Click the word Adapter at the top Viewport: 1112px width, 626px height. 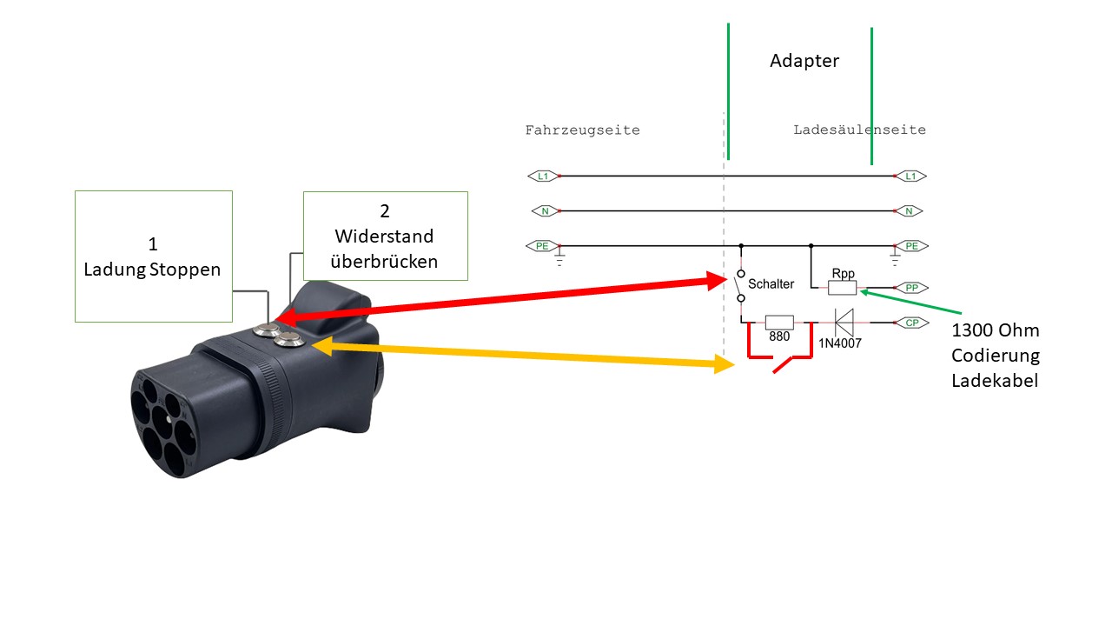point(804,61)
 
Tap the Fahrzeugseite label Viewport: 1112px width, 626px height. point(582,130)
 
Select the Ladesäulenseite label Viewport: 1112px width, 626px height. point(859,130)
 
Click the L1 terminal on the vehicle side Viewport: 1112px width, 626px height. point(543,176)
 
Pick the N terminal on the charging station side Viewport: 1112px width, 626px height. point(908,211)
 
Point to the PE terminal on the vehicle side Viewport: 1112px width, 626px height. point(542,246)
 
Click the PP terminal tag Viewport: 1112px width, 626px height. point(910,288)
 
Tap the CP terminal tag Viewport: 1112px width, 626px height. point(910,323)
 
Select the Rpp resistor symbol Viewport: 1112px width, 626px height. point(842,288)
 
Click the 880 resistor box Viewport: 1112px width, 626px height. point(779,323)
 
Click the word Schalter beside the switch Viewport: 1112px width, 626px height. point(771,284)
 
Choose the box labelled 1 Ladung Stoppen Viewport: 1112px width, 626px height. point(153,256)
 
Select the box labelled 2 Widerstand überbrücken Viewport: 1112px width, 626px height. point(385,236)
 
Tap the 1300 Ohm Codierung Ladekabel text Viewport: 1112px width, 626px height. point(995,356)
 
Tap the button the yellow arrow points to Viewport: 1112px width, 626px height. point(291,341)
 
